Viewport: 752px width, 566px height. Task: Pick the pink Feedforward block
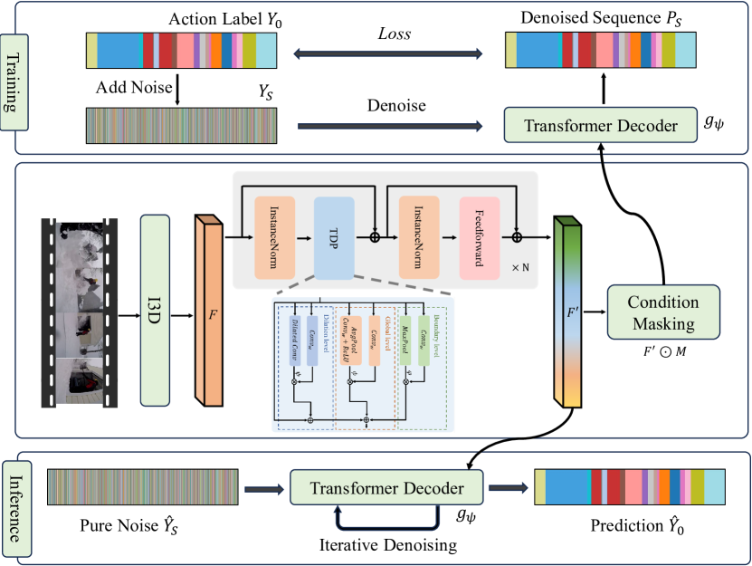[478, 238]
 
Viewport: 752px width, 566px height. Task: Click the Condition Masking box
[663, 312]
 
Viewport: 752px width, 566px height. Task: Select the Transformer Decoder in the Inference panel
[386, 489]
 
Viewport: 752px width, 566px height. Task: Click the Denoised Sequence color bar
[601, 51]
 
